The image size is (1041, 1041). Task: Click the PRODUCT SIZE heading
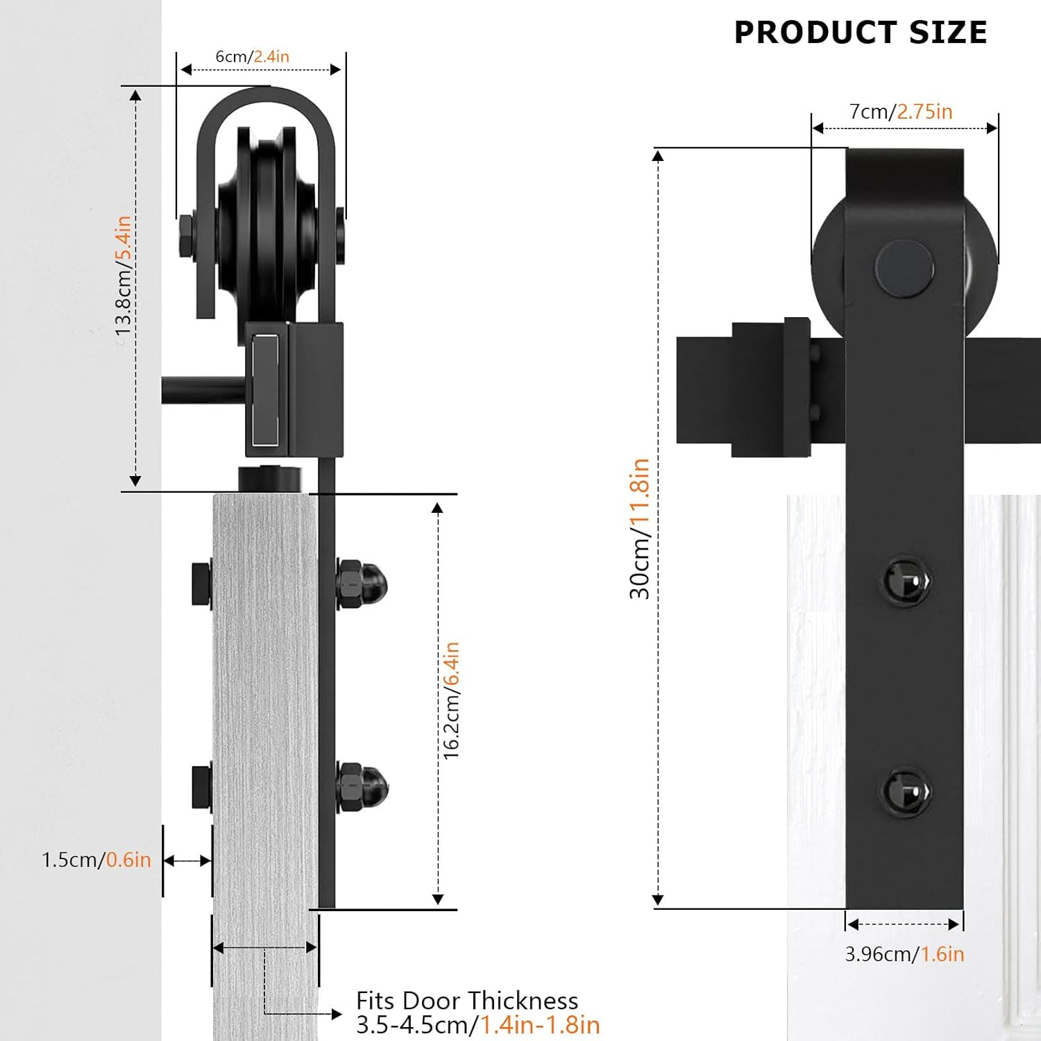[x=860, y=33]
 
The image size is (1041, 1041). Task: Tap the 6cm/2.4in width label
[x=252, y=56]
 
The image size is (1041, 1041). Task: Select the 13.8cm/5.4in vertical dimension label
[x=123, y=276]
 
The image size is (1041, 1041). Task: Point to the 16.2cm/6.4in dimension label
[x=451, y=700]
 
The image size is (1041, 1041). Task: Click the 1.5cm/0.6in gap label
[x=96, y=860]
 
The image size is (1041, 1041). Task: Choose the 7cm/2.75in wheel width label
[x=900, y=112]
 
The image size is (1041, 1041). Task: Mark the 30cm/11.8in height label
[x=639, y=528]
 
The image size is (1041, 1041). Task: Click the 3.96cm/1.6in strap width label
[x=904, y=954]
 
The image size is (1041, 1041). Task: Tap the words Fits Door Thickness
[x=466, y=1001]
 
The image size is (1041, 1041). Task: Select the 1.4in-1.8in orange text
[x=540, y=1025]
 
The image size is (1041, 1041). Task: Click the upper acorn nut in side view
[x=362, y=585]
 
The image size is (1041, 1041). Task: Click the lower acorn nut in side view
[x=362, y=786]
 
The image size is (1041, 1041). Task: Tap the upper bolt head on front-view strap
[x=906, y=580]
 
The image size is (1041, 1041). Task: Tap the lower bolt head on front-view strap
[x=906, y=792]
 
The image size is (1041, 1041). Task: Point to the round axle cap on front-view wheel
[x=904, y=269]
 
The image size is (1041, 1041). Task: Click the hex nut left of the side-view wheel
[x=186, y=236]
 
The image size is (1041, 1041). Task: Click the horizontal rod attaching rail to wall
[x=203, y=390]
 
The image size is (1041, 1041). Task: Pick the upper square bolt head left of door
[x=202, y=584]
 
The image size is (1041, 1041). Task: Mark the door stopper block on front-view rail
[x=771, y=389]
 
